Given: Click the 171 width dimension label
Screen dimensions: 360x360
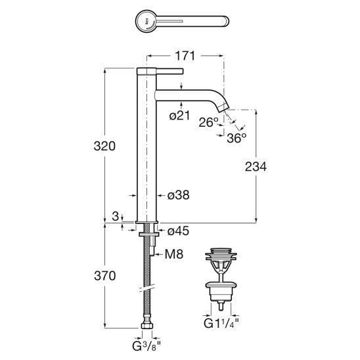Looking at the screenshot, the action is pos(185,56).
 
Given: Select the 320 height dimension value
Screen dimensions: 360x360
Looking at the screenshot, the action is pos(104,146).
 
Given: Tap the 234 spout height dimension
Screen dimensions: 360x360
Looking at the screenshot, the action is pos(256,167).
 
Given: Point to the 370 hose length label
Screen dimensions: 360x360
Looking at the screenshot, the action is pos(104,276).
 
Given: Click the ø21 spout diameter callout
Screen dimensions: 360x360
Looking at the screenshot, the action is pos(179,116).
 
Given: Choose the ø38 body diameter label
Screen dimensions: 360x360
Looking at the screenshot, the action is pos(179,195).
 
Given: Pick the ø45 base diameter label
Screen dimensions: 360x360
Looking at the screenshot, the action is pos(178,231).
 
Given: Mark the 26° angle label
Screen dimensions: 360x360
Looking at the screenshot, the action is pos(208,122).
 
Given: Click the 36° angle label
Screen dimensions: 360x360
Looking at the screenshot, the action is pos(236,138).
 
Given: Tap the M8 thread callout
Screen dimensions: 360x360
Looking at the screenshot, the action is pos(174,254).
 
